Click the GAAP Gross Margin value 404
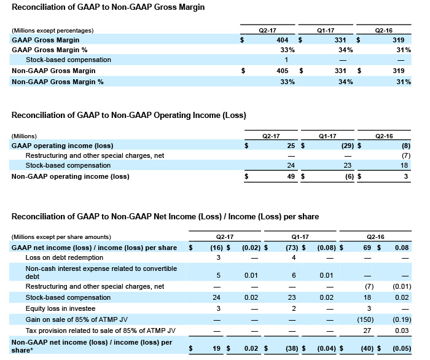[x=282, y=40]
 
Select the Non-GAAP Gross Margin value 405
[x=282, y=71]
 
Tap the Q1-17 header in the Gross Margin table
[x=326, y=31]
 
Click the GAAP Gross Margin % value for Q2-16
[x=404, y=50]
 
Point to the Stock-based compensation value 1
[x=286, y=60]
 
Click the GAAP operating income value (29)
[x=348, y=146]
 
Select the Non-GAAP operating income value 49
[x=291, y=176]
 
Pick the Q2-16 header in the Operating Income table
[x=384, y=136]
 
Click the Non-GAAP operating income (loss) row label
[x=71, y=176]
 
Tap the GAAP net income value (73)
[x=292, y=248]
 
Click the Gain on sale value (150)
[x=365, y=319]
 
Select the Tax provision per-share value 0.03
[x=402, y=331]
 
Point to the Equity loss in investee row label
[x=60, y=308]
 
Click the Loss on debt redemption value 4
[x=294, y=258]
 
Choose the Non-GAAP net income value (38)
[x=292, y=348]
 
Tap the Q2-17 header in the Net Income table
[x=225, y=237]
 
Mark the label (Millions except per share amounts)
[x=61, y=237]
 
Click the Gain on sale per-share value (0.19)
[x=402, y=319]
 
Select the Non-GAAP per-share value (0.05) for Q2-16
[x=402, y=348]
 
